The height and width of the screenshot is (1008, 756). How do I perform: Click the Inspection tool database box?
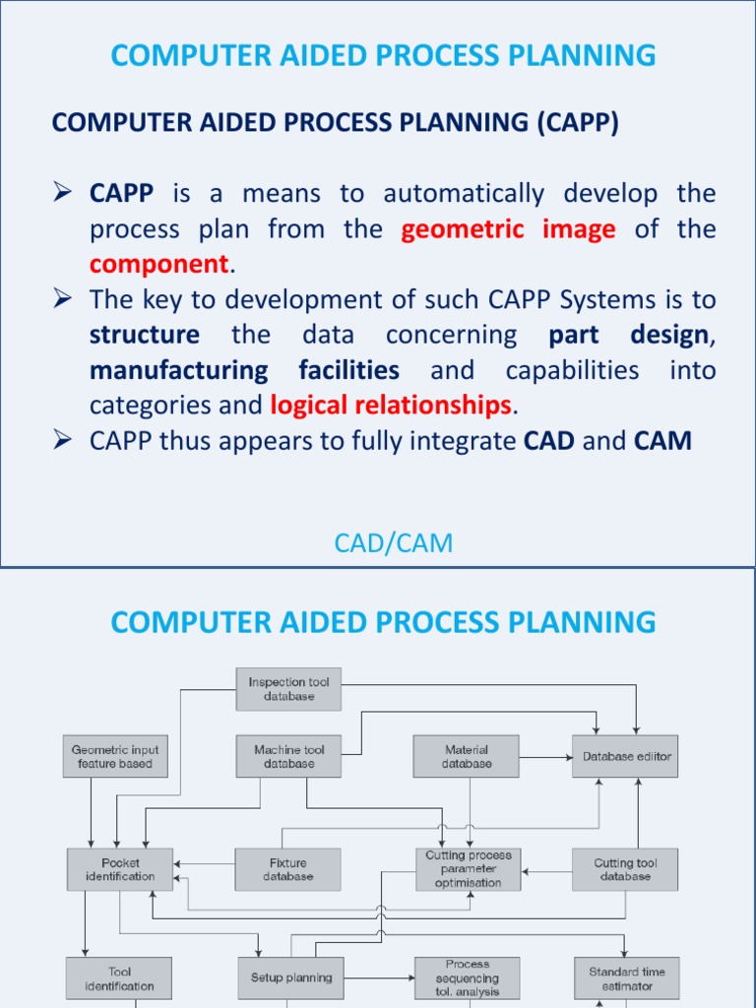click(x=288, y=689)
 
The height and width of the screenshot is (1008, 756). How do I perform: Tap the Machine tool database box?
click(x=288, y=756)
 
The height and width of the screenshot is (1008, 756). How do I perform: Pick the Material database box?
click(x=467, y=756)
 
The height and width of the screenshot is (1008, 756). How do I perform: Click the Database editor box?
click(x=626, y=756)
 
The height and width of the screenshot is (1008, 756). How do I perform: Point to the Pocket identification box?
click(x=120, y=869)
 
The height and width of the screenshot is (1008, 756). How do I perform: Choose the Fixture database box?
click(x=287, y=869)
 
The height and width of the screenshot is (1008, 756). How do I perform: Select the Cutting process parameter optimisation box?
click(x=468, y=869)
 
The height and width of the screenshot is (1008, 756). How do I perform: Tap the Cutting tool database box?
click(x=625, y=869)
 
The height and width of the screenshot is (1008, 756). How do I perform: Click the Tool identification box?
click(x=119, y=978)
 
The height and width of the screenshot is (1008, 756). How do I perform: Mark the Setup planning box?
click(x=290, y=978)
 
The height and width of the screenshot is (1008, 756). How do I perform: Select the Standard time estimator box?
click(x=626, y=978)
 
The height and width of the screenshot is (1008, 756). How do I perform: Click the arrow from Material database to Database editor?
click(x=545, y=757)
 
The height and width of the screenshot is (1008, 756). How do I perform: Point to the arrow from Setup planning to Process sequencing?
click(x=379, y=978)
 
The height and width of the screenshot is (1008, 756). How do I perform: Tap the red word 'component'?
click(x=158, y=264)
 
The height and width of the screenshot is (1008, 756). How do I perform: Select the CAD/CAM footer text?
click(x=393, y=542)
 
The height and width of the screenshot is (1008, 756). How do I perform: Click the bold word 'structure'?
click(x=144, y=335)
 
